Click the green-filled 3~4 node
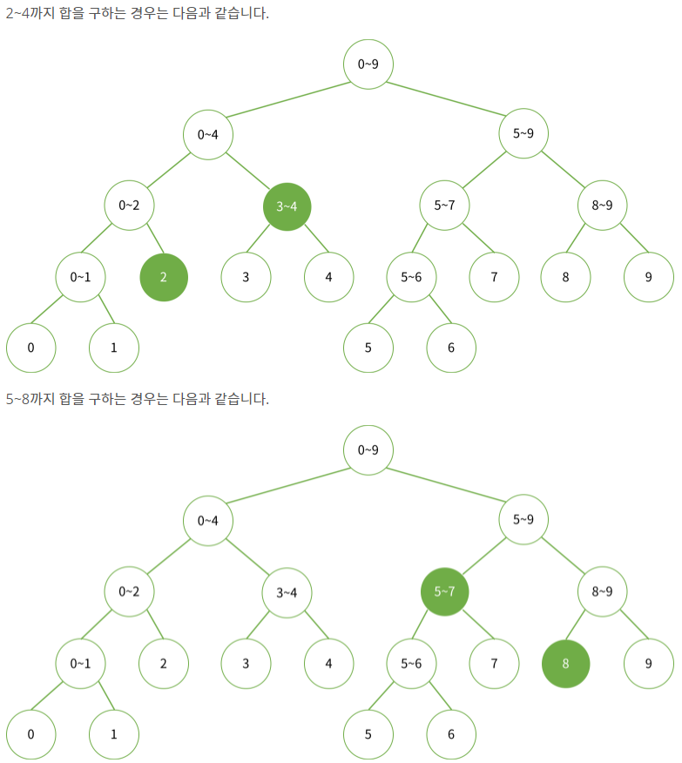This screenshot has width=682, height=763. [x=287, y=206]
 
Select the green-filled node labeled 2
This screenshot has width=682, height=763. [x=164, y=277]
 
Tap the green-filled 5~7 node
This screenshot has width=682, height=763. [x=444, y=592]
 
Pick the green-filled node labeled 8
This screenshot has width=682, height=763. [x=566, y=663]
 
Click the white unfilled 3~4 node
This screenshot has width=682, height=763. [x=287, y=592]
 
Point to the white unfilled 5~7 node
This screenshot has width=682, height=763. [x=444, y=206]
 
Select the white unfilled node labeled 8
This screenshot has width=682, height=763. [x=566, y=277]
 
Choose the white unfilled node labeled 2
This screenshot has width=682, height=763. [x=164, y=663]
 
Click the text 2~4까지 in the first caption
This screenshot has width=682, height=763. [x=29, y=15]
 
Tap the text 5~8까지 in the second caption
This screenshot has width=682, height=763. [x=29, y=399]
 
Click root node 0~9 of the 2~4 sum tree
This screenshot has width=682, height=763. [x=368, y=64]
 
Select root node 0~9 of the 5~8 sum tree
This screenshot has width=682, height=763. [x=368, y=450]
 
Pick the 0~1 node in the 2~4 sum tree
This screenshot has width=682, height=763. [x=81, y=277]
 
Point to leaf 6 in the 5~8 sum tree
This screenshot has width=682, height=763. [x=451, y=733]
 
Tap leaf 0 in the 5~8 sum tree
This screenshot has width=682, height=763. [x=31, y=733]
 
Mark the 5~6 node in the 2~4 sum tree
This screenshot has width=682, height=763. [x=412, y=277]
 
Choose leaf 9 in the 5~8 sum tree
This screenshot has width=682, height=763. [x=649, y=663]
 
